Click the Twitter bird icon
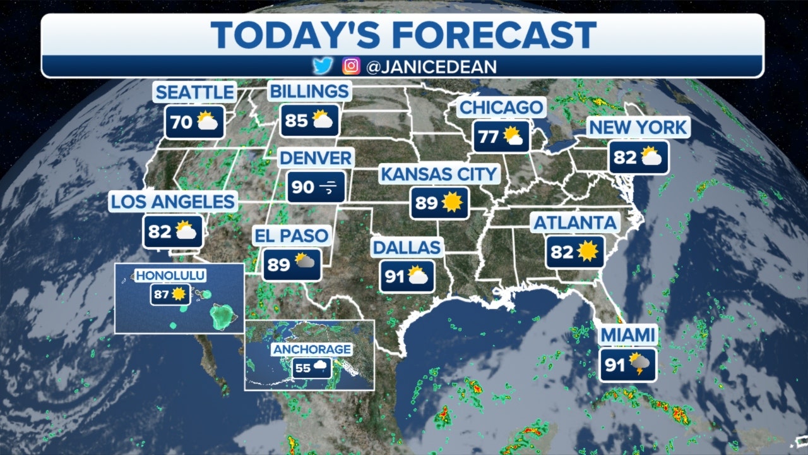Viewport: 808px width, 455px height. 322,66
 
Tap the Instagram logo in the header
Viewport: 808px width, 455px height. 350,66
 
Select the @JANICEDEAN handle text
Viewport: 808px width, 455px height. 431,66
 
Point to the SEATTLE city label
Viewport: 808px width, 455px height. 194,92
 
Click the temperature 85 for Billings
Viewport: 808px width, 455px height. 296,121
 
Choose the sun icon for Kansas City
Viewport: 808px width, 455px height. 452,203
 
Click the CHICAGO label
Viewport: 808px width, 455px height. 501,107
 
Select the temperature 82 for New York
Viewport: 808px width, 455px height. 625,157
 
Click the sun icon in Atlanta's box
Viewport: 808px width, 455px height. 587,252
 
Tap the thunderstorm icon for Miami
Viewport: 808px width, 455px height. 642,365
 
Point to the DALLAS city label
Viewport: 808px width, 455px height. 407,247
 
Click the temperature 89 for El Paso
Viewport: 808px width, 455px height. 278,265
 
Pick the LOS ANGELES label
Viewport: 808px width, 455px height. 173,202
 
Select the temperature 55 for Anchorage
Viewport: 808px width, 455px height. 303,368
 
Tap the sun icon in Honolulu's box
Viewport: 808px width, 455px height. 179,294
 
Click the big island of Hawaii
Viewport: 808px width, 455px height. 222,316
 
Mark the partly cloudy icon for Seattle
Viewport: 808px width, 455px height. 208,121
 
